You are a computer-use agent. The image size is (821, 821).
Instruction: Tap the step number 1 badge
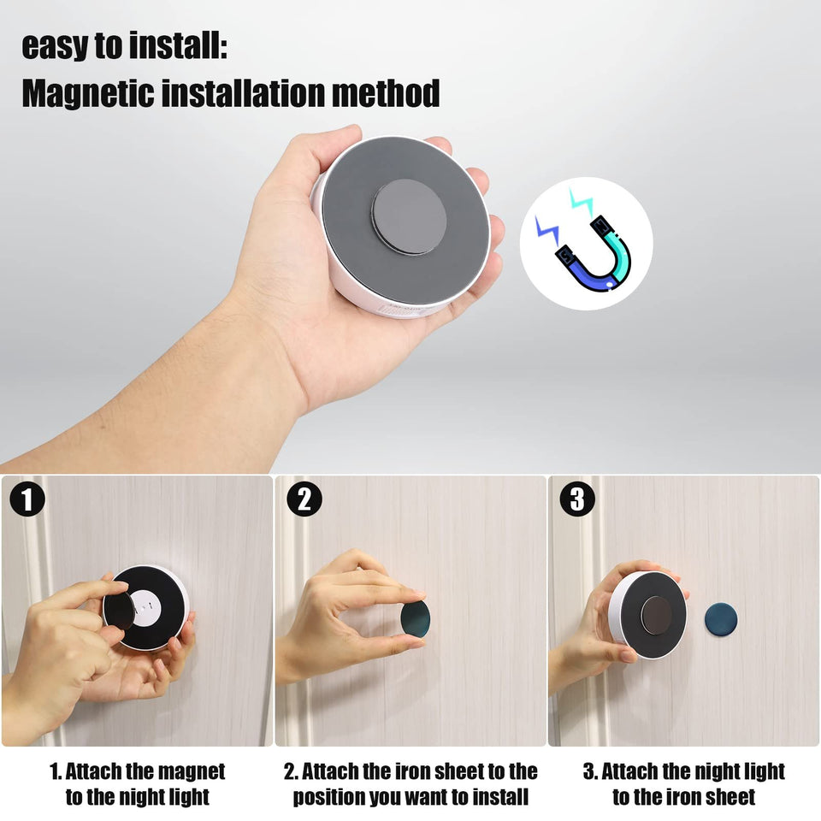[27, 499]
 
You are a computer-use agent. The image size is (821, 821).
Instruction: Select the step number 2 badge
[304, 499]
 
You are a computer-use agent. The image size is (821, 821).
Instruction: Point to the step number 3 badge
[577, 499]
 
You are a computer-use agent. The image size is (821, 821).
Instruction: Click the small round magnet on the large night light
[409, 216]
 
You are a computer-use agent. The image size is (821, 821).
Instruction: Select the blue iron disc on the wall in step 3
[720, 619]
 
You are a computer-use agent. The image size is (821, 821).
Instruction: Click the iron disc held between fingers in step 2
[416, 617]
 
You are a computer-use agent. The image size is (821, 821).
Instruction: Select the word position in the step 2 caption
[329, 797]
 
